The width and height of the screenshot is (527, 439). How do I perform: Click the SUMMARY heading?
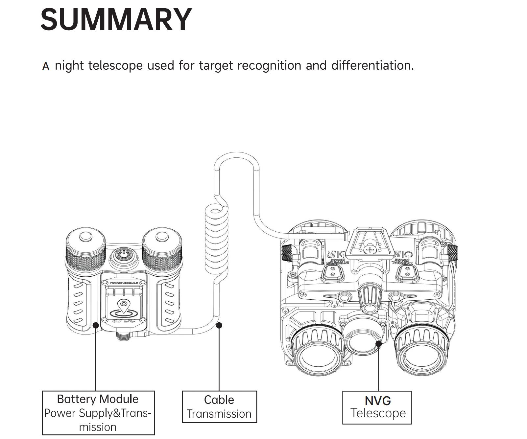click(116, 19)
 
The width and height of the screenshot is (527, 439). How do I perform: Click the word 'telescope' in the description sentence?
click(115, 65)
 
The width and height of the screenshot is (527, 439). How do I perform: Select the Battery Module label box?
click(98, 413)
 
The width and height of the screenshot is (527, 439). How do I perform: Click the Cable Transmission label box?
click(219, 406)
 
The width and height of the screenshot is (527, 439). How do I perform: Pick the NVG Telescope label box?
click(377, 407)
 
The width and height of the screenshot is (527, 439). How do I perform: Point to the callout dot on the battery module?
click(96, 325)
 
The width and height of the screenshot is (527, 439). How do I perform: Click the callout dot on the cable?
click(219, 325)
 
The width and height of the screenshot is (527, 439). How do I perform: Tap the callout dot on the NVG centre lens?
click(378, 344)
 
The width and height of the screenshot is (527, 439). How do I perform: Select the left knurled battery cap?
click(85, 246)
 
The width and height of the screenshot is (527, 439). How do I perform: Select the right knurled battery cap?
click(162, 246)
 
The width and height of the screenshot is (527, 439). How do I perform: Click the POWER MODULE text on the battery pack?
click(124, 283)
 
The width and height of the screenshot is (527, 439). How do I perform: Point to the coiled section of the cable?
click(216, 237)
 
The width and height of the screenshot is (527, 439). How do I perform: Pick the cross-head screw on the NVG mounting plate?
click(370, 250)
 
